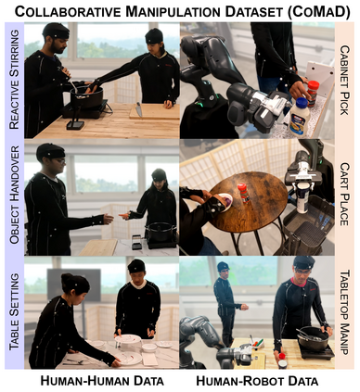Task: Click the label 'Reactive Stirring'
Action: coord(14,80)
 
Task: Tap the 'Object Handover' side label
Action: coord(14,195)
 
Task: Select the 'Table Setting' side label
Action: coord(14,311)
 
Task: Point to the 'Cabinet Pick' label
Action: coord(344,81)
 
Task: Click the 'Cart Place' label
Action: coord(344,195)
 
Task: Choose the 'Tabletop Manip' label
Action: coord(344,312)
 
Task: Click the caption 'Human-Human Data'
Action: coord(102,381)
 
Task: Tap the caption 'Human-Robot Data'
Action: coord(257,381)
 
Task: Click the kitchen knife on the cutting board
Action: coord(138,109)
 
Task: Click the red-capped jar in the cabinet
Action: coord(313,93)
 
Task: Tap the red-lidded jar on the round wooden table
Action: coord(244,193)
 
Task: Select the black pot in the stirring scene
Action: coord(86,96)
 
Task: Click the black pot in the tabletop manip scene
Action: coord(313,338)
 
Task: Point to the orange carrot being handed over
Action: coord(123,215)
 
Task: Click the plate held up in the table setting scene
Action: coord(128,339)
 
